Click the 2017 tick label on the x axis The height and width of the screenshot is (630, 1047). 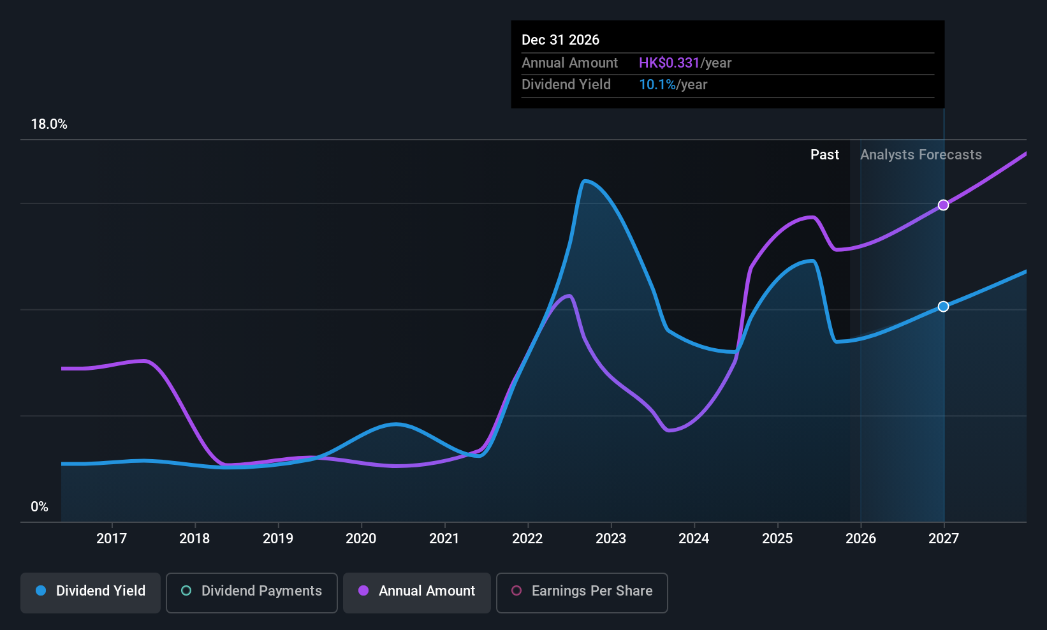coord(111,538)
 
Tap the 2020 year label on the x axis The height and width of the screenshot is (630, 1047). coord(361,538)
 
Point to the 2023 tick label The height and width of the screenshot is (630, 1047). coord(610,538)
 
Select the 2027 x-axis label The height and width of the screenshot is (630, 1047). coord(943,538)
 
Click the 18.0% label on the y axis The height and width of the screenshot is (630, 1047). coord(49,124)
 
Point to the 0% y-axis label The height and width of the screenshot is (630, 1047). coord(40,507)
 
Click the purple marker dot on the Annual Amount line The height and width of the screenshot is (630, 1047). coord(943,205)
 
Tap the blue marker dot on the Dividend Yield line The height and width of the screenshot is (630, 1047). coord(943,307)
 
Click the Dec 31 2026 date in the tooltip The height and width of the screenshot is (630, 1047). coord(560,40)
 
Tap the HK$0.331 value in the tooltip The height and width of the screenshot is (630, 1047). coord(669,63)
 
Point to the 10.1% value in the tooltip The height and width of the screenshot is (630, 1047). coord(657,85)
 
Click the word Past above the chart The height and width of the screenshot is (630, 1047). coord(824,155)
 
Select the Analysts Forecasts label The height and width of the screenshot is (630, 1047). coord(920,155)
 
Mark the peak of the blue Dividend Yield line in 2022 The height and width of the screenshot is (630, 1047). coord(585,181)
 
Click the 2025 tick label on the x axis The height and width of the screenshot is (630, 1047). coord(777,538)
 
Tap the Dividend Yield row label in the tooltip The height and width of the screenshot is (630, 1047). coord(566,85)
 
